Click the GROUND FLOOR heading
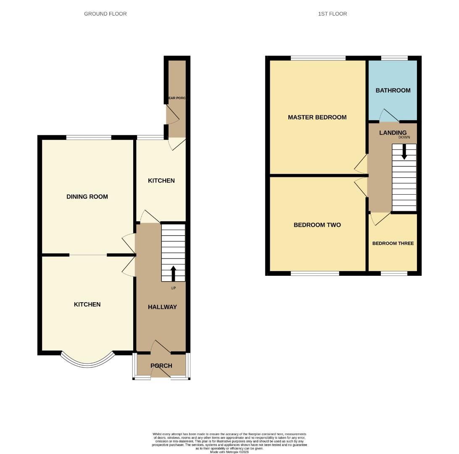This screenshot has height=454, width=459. point(105,14)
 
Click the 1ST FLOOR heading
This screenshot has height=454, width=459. point(332,14)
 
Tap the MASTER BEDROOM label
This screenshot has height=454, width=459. point(317,117)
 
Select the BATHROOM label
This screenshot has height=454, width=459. point(393,90)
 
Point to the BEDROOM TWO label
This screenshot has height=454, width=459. point(317,225)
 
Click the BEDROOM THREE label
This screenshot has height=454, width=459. point(393,243)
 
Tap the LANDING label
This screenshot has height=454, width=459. point(393,133)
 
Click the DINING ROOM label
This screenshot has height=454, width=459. point(87,197)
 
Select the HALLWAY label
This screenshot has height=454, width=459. point(162,307)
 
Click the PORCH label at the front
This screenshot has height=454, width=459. point(161,366)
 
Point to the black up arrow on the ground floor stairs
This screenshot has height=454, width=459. point(173,273)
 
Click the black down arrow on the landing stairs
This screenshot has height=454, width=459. point(404,152)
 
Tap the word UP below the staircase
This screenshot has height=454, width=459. point(173,288)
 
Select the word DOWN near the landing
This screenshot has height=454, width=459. point(404,137)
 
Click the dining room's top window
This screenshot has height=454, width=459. point(89,137)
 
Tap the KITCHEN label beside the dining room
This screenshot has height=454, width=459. point(161,181)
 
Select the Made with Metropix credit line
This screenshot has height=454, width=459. point(229,452)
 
